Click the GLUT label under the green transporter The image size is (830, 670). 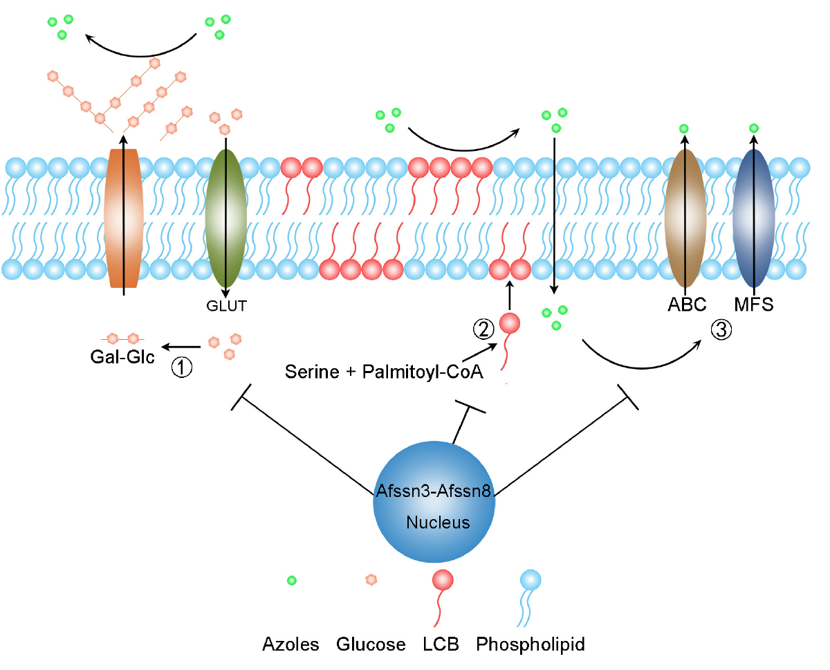pyautogui.click(x=226, y=306)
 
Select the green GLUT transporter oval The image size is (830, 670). pyautogui.click(x=225, y=218)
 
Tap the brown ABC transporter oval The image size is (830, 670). pyautogui.click(x=685, y=218)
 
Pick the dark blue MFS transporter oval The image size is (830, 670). pyautogui.click(x=754, y=218)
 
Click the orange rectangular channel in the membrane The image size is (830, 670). pyautogui.click(x=124, y=218)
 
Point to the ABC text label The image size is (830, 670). pyautogui.click(x=687, y=305)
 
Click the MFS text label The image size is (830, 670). pyautogui.click(x=754, y=305)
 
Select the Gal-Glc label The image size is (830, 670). pyautogui.click(x=122, y=356)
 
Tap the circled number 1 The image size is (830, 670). pyautogui.click(x=182, y=367)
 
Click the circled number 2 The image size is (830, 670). pyautogui.click(x=483, y=329)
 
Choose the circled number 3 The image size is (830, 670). pyautogui.click(x=721, y=330)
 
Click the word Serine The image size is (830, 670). pyautogui.click(x=312, y=372)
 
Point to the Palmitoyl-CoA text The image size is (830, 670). pyautogui.click(x=423, y=372)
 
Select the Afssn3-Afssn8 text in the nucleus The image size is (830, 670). pyautogui.click(x=434, y=491)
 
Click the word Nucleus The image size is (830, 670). pyautogui.click(x=438, y=523)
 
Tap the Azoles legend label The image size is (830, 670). pyautogui.click(x=290, y=644)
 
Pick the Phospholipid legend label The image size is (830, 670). pyautogui.click(x=531, y=644)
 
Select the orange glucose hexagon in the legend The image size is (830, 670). pyautogui.click(x=371, y=580)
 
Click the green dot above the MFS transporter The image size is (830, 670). pyautogui.click(x=754, y=128)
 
